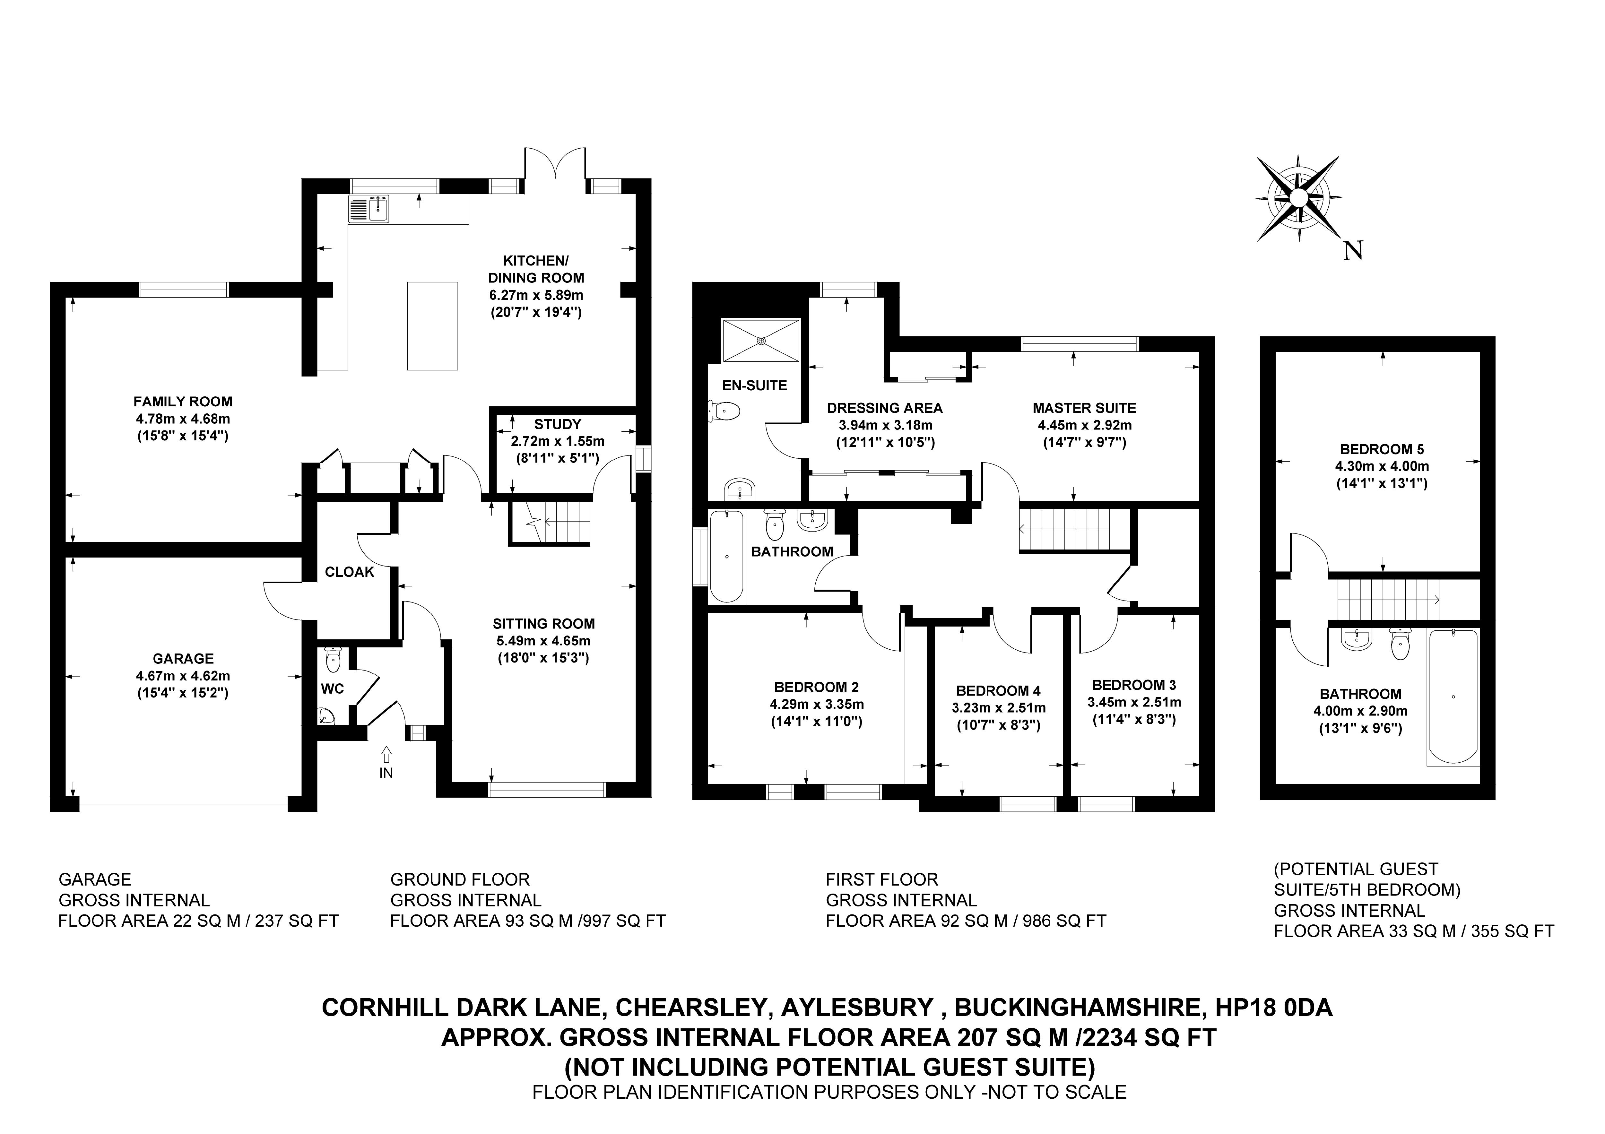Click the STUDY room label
point(557,424)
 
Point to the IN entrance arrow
point(386,755)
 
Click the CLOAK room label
point(350,572)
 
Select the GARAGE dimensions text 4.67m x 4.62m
point(183,676)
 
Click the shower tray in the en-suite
point(760,341)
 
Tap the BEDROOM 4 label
point(998,691)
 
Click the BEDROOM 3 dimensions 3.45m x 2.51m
point(1134,702)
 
